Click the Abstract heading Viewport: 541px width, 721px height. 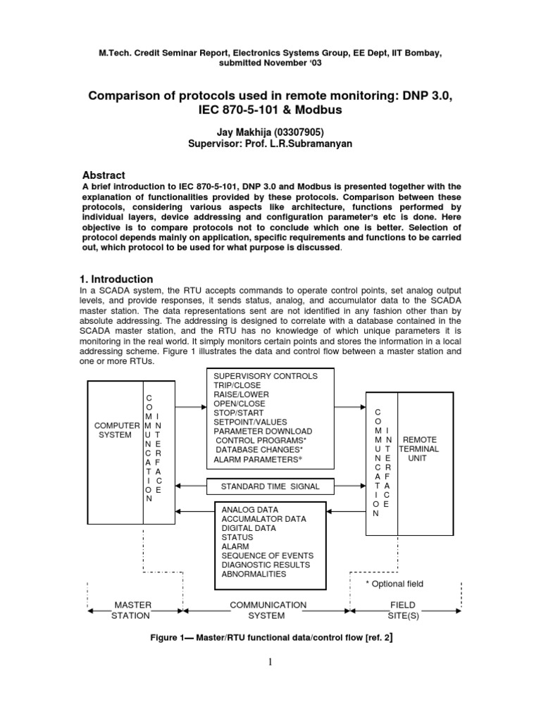point(104,175)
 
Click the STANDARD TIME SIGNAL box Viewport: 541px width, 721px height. point(270,487)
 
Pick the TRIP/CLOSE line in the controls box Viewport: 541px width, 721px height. point(237,386)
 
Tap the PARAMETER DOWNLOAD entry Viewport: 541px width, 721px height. point(262,431)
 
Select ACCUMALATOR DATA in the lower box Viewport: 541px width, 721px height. point(263,519)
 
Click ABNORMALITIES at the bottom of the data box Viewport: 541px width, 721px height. point(254,574)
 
